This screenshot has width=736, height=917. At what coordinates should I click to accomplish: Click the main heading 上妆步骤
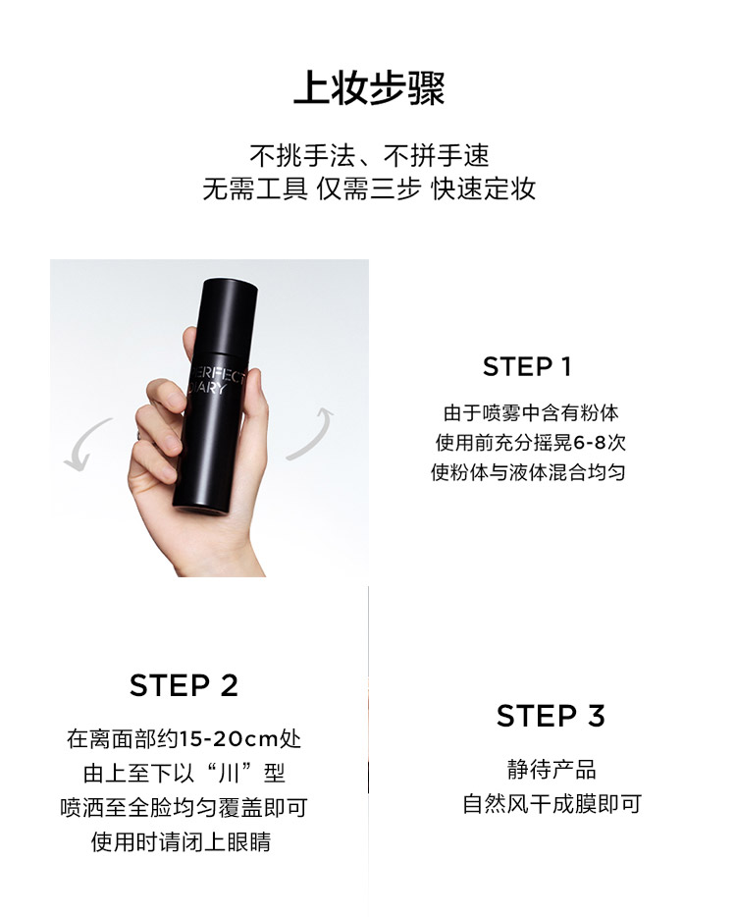coord(369,88)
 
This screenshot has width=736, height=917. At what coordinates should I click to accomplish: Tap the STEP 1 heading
coord(527,366)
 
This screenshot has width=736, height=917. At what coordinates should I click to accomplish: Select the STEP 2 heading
coord(184,685)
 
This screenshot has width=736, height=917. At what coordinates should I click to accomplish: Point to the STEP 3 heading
coord(551,716)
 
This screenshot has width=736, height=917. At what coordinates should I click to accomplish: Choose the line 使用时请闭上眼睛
coord(181,842)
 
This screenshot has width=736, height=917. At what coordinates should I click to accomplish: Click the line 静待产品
coord(552,770)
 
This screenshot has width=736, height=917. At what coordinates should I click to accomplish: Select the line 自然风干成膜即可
coord(552,804)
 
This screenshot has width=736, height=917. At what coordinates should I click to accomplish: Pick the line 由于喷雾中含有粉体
coord(530,413)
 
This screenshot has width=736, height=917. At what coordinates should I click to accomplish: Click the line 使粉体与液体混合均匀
coord(528,472)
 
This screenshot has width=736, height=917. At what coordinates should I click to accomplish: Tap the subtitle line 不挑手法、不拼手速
coord(369,155)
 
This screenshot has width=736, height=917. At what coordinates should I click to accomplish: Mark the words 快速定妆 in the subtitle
coord(483,189)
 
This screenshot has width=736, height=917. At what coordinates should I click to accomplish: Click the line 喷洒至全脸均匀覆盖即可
coord(184,808)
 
